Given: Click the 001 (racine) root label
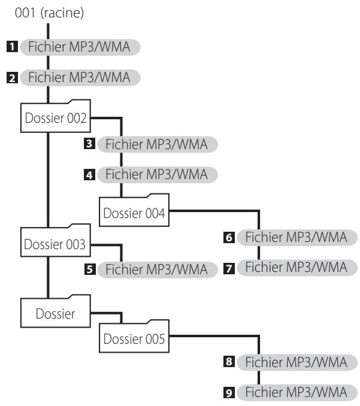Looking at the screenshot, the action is [x=49, y=13].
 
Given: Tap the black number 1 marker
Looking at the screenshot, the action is [x=12, y=47].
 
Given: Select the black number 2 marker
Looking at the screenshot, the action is [x=12, y=78].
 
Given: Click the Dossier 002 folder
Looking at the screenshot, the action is [x=56, y=116].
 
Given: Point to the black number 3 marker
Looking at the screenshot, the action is [x=89, y=144].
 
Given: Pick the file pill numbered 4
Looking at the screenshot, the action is [x=158, y=174].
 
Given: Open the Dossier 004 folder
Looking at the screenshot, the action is [x=134, y=210].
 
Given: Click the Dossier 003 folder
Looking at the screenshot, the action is [x=56, y=240].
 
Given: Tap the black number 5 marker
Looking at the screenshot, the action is [x=90, y=269].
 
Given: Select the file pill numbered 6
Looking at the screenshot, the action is [x=297, y=237].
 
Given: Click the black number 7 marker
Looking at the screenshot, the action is [x=229, y=268].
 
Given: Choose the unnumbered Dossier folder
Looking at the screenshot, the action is [x=56, y=311].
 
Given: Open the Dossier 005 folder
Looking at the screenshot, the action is [x=134, y=336].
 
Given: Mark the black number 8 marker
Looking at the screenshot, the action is [x=229, y=362].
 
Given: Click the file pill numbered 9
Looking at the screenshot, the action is [x=297, y=393].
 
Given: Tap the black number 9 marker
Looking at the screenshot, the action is [x=229, y=393].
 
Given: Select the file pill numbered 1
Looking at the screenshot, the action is [x=80, y=47].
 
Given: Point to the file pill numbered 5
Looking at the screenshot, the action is [x=158, y=270].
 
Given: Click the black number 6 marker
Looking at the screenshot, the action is [x=229, y=238].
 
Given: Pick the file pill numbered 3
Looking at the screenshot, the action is [x=158, y=144].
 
